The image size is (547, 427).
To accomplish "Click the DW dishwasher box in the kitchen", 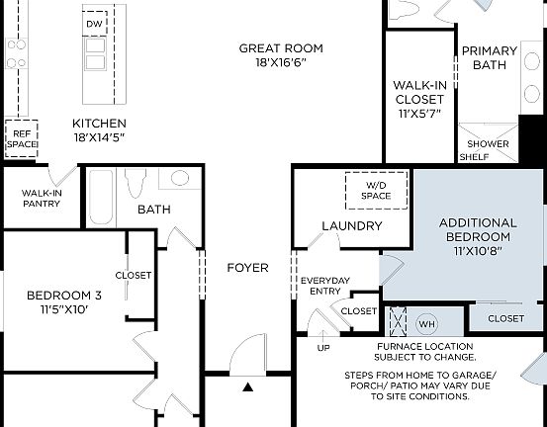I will point(95,23).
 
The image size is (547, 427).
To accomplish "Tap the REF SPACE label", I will point(22,137).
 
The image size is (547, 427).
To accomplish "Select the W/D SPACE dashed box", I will point(375,189).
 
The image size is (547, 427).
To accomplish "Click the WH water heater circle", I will point(427,323).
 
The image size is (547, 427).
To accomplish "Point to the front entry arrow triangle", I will point(247,386).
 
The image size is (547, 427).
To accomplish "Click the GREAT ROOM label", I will point(281,55).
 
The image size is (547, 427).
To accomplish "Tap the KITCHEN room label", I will point(99,130).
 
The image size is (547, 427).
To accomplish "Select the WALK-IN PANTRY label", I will point(42,199).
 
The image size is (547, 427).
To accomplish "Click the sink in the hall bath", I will point(179,179).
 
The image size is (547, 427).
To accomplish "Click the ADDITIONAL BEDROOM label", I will point(477,236).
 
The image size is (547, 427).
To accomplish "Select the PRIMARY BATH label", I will point(490,57).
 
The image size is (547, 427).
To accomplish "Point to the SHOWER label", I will point(489,144).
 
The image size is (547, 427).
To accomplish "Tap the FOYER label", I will point(247,268).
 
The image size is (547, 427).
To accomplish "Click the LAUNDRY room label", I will point(351,225).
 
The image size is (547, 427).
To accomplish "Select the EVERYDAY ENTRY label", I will point(324,287).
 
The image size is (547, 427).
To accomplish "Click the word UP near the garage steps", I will point(323,348).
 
